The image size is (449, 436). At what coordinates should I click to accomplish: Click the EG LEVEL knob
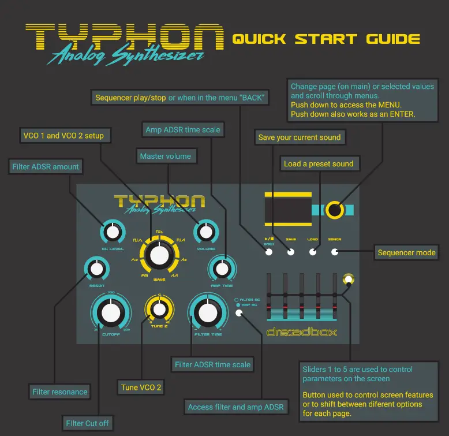(x=113, y=233)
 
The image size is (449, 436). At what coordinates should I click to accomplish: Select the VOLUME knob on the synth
(x=204, y=233)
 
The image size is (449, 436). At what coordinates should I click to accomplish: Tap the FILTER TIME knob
(x=205, y=312)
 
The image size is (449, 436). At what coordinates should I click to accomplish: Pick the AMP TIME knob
(x=221, y=268)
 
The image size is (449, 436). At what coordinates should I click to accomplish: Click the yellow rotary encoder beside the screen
(x=335, y=210)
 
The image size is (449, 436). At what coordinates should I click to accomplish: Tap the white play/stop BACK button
(x=268, y=252)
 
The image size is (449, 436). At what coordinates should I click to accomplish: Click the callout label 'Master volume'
(x=166, y=156)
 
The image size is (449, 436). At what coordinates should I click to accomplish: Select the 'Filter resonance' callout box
(x=60, y=392)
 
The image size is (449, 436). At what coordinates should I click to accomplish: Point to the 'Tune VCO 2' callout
(x=141, y=387)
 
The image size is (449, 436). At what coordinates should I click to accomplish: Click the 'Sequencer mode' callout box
(x=406, y=252)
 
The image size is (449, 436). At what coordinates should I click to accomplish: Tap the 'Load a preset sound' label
(x=318, y=163)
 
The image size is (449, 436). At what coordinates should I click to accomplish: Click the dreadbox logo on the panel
(x=301, y=332)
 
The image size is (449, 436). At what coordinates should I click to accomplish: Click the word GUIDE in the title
(x=393, y=39)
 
